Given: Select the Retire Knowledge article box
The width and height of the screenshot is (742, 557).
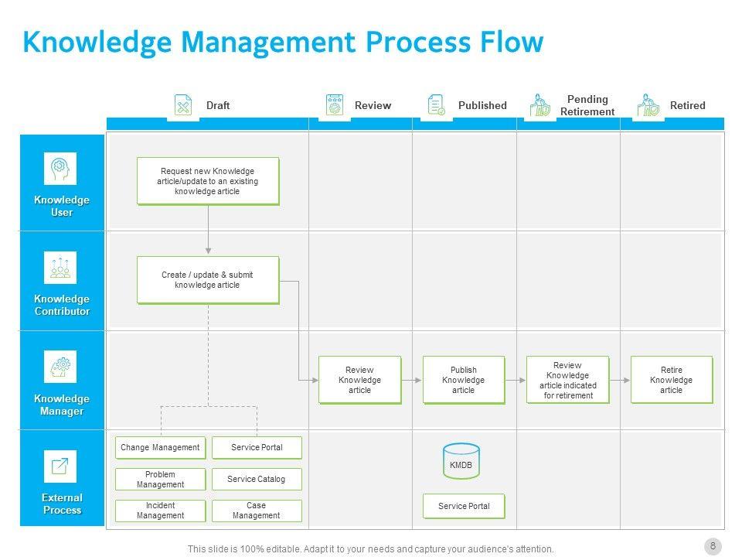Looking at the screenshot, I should coord(672,380).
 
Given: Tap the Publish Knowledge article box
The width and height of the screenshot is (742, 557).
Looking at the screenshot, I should coord(464,380).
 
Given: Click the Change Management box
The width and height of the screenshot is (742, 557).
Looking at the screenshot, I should coord(161,447).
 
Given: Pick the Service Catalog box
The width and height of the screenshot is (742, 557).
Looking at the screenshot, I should coord(257,479).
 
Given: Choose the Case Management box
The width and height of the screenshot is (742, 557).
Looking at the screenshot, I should coord(257,511).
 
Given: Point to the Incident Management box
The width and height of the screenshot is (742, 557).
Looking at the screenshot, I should coord(161,511).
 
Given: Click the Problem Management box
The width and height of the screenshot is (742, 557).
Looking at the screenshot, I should coord(161,479).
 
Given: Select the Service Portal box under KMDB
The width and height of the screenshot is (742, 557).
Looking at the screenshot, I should coord(464,506).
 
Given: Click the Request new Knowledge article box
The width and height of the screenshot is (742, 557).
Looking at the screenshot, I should coord(207,181).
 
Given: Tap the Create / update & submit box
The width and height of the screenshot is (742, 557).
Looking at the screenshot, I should coord(207,280).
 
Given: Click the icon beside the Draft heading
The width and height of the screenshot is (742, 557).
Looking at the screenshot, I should coord(183,105).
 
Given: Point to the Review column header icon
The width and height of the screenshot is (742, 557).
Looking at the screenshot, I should coord(335,105).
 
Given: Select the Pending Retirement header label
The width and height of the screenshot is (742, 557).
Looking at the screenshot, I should coord(587,105).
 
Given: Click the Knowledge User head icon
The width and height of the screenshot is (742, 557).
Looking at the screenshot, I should coord(60,168).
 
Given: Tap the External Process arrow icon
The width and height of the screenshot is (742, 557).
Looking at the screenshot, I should coord(60,466).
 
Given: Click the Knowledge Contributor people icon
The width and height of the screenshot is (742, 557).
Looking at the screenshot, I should coord(60,268).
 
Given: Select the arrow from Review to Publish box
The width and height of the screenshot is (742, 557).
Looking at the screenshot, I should coord(412,380).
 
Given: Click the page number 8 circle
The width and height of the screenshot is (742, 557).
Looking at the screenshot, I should coord(713,546).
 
